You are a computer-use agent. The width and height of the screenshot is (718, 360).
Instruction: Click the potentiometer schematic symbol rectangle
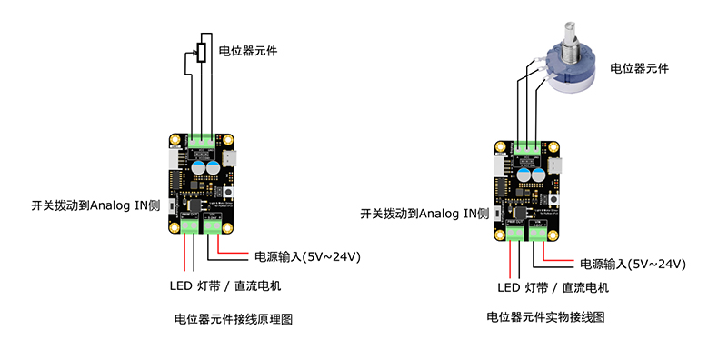pos(202,52)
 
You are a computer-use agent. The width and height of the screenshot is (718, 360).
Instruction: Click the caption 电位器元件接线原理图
pos(234,319)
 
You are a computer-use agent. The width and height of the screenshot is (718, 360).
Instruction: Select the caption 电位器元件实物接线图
pos(545,316)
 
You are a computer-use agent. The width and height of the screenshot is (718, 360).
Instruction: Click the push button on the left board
pos(226,193)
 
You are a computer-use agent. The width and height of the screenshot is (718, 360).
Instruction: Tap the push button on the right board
pos(554,200)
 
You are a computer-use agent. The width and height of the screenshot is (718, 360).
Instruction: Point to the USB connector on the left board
pos(227,158)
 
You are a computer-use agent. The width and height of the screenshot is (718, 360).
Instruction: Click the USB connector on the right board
pos(555,165)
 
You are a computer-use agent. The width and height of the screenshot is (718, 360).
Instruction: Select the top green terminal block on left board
pos(201,141)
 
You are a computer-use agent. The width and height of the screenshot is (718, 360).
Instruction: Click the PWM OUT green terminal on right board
pos(515,233)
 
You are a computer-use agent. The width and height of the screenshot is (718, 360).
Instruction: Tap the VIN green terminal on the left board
pos(212,225)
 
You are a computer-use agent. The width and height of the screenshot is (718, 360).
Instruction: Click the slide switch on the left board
pos(173,206)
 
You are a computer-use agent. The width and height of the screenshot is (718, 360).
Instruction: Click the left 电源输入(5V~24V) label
pos(307,256)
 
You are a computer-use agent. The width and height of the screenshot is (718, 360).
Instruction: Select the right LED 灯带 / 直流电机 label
pos(553,287)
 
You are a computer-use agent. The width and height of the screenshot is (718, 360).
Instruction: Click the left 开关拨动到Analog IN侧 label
pos(95,205)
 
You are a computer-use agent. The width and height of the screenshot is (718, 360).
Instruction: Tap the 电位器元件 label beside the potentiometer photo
pos(639,69)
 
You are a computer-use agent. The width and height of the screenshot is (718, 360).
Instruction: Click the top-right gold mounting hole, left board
pos(227,139)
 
